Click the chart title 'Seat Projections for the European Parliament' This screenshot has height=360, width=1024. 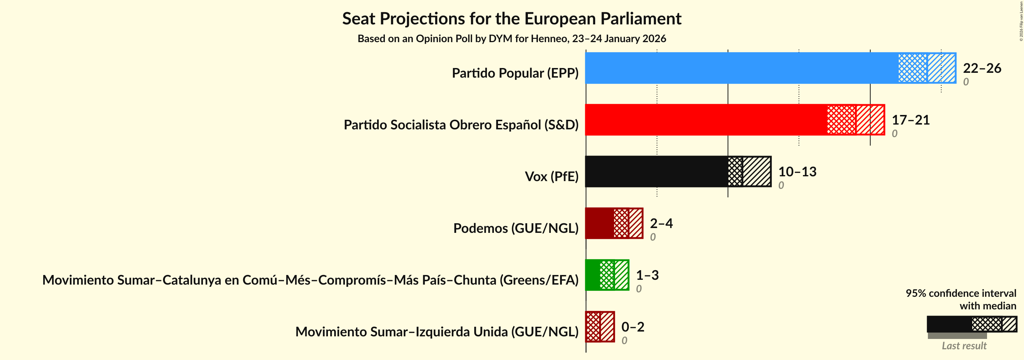(512, 19)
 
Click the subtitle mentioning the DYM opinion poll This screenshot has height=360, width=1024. (512, 38)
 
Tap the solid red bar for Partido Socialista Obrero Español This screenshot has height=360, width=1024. (706, 120)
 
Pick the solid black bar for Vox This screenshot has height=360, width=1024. (656, 171)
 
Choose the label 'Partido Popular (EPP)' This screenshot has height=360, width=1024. (515, 73)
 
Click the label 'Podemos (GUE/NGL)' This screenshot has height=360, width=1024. (516, 228)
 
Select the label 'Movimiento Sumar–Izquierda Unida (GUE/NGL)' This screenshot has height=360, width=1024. (437, 332)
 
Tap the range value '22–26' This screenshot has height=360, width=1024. (982, 68)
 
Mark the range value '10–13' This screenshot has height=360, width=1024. (797, 171)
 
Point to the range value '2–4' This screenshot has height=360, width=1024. (661, 223)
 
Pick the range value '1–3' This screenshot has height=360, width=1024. (647, 275)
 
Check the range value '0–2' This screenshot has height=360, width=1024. (633, 327)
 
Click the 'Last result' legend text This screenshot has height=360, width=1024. (964, 346)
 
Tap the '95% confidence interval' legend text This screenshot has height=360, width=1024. (961, 293)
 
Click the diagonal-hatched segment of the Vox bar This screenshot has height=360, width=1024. (757, 171)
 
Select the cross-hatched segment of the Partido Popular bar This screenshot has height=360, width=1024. (913, 68)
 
